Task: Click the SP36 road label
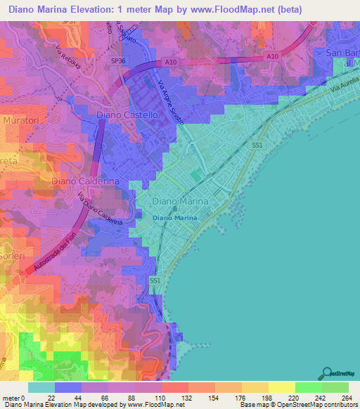tap(117, 61)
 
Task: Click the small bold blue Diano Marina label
tap(175, 218)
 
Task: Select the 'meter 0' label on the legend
tap(13, 397)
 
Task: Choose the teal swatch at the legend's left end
tap(41, 387)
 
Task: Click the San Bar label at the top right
tap(342, 54)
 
